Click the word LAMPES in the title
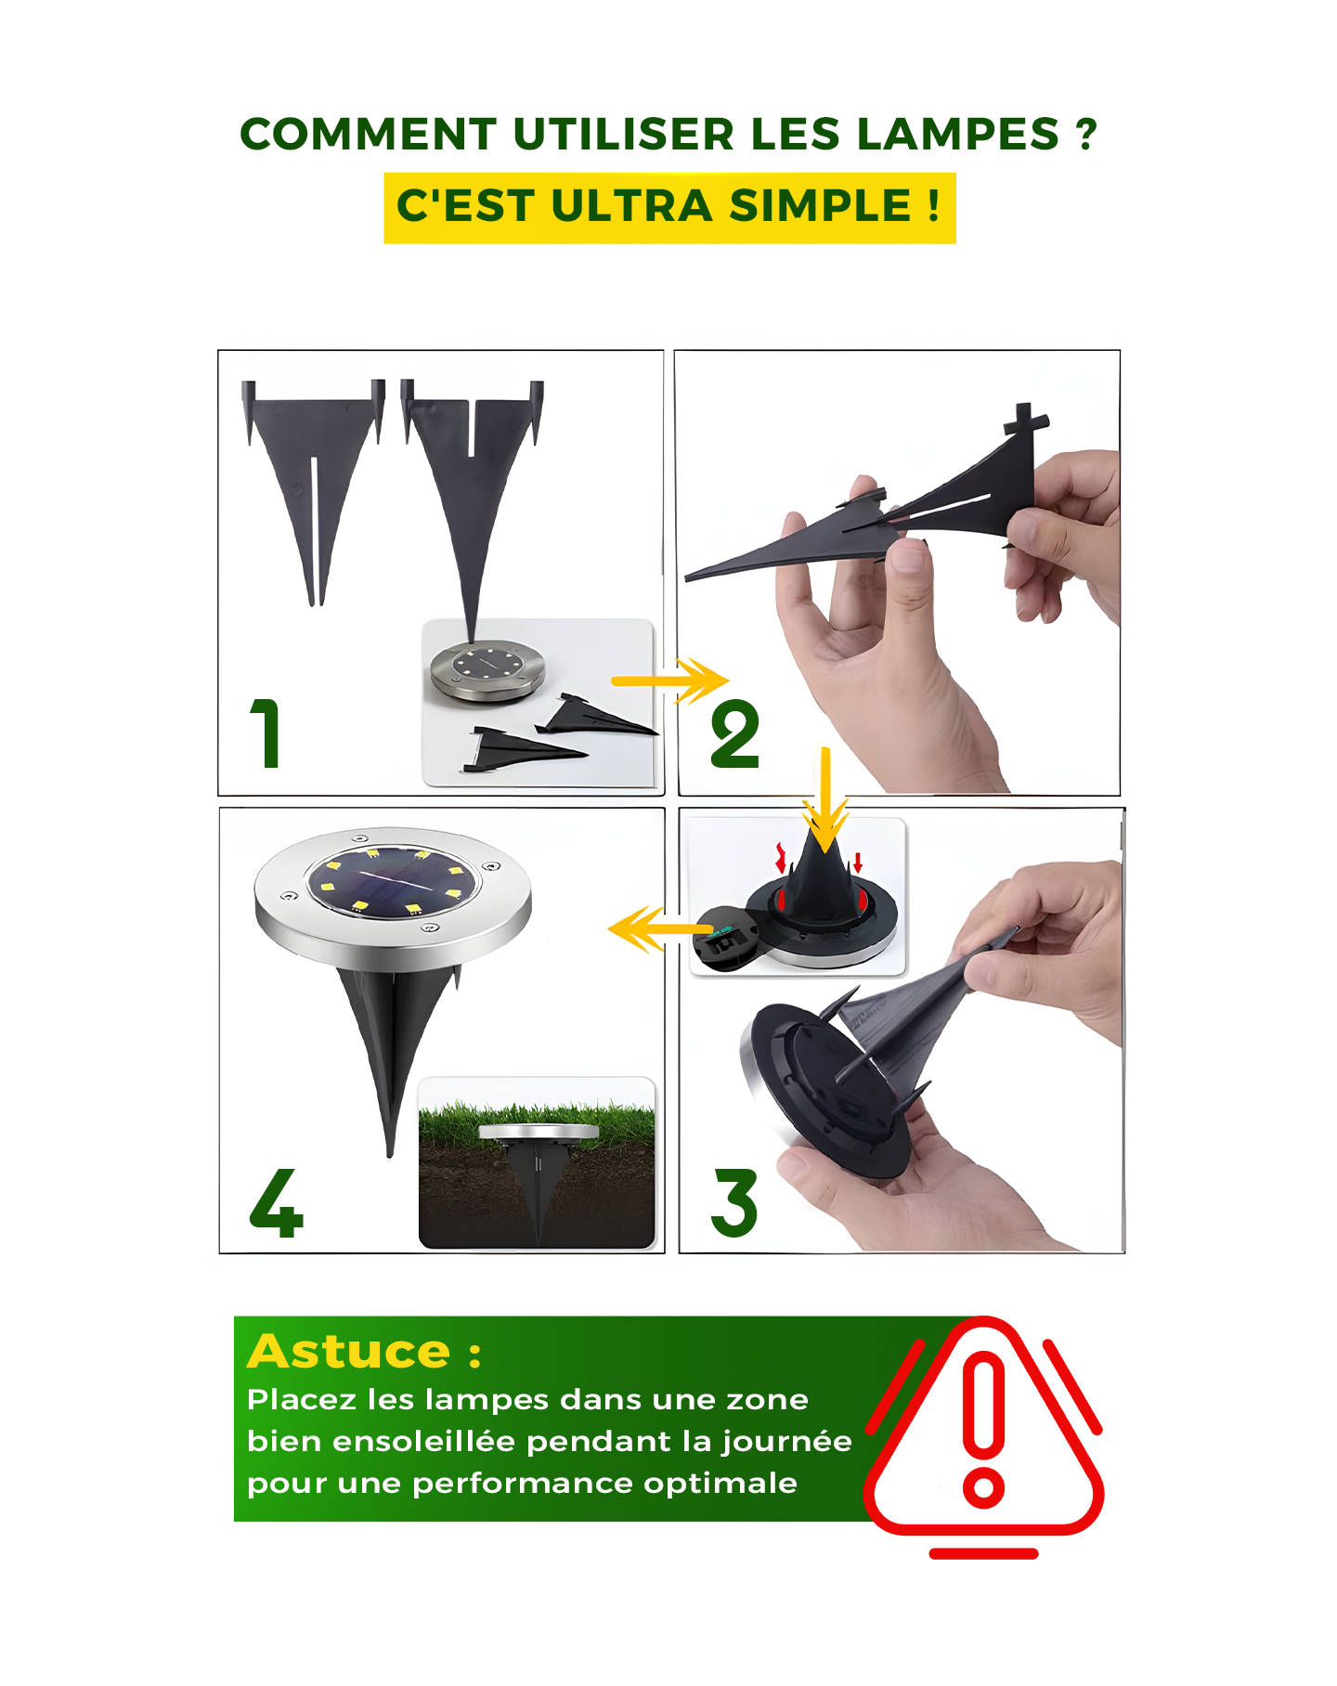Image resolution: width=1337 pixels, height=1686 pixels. coord(957,135)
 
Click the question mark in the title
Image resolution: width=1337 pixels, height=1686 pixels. coord(1085,135)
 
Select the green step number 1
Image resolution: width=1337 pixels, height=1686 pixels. coord(266,733)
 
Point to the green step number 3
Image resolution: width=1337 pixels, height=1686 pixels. coord(734,1202)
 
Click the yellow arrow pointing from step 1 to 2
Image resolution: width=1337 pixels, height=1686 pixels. coord(669,681)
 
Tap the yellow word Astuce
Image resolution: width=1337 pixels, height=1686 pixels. coord(349,1352)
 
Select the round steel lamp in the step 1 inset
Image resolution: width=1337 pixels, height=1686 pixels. coord(487,669)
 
